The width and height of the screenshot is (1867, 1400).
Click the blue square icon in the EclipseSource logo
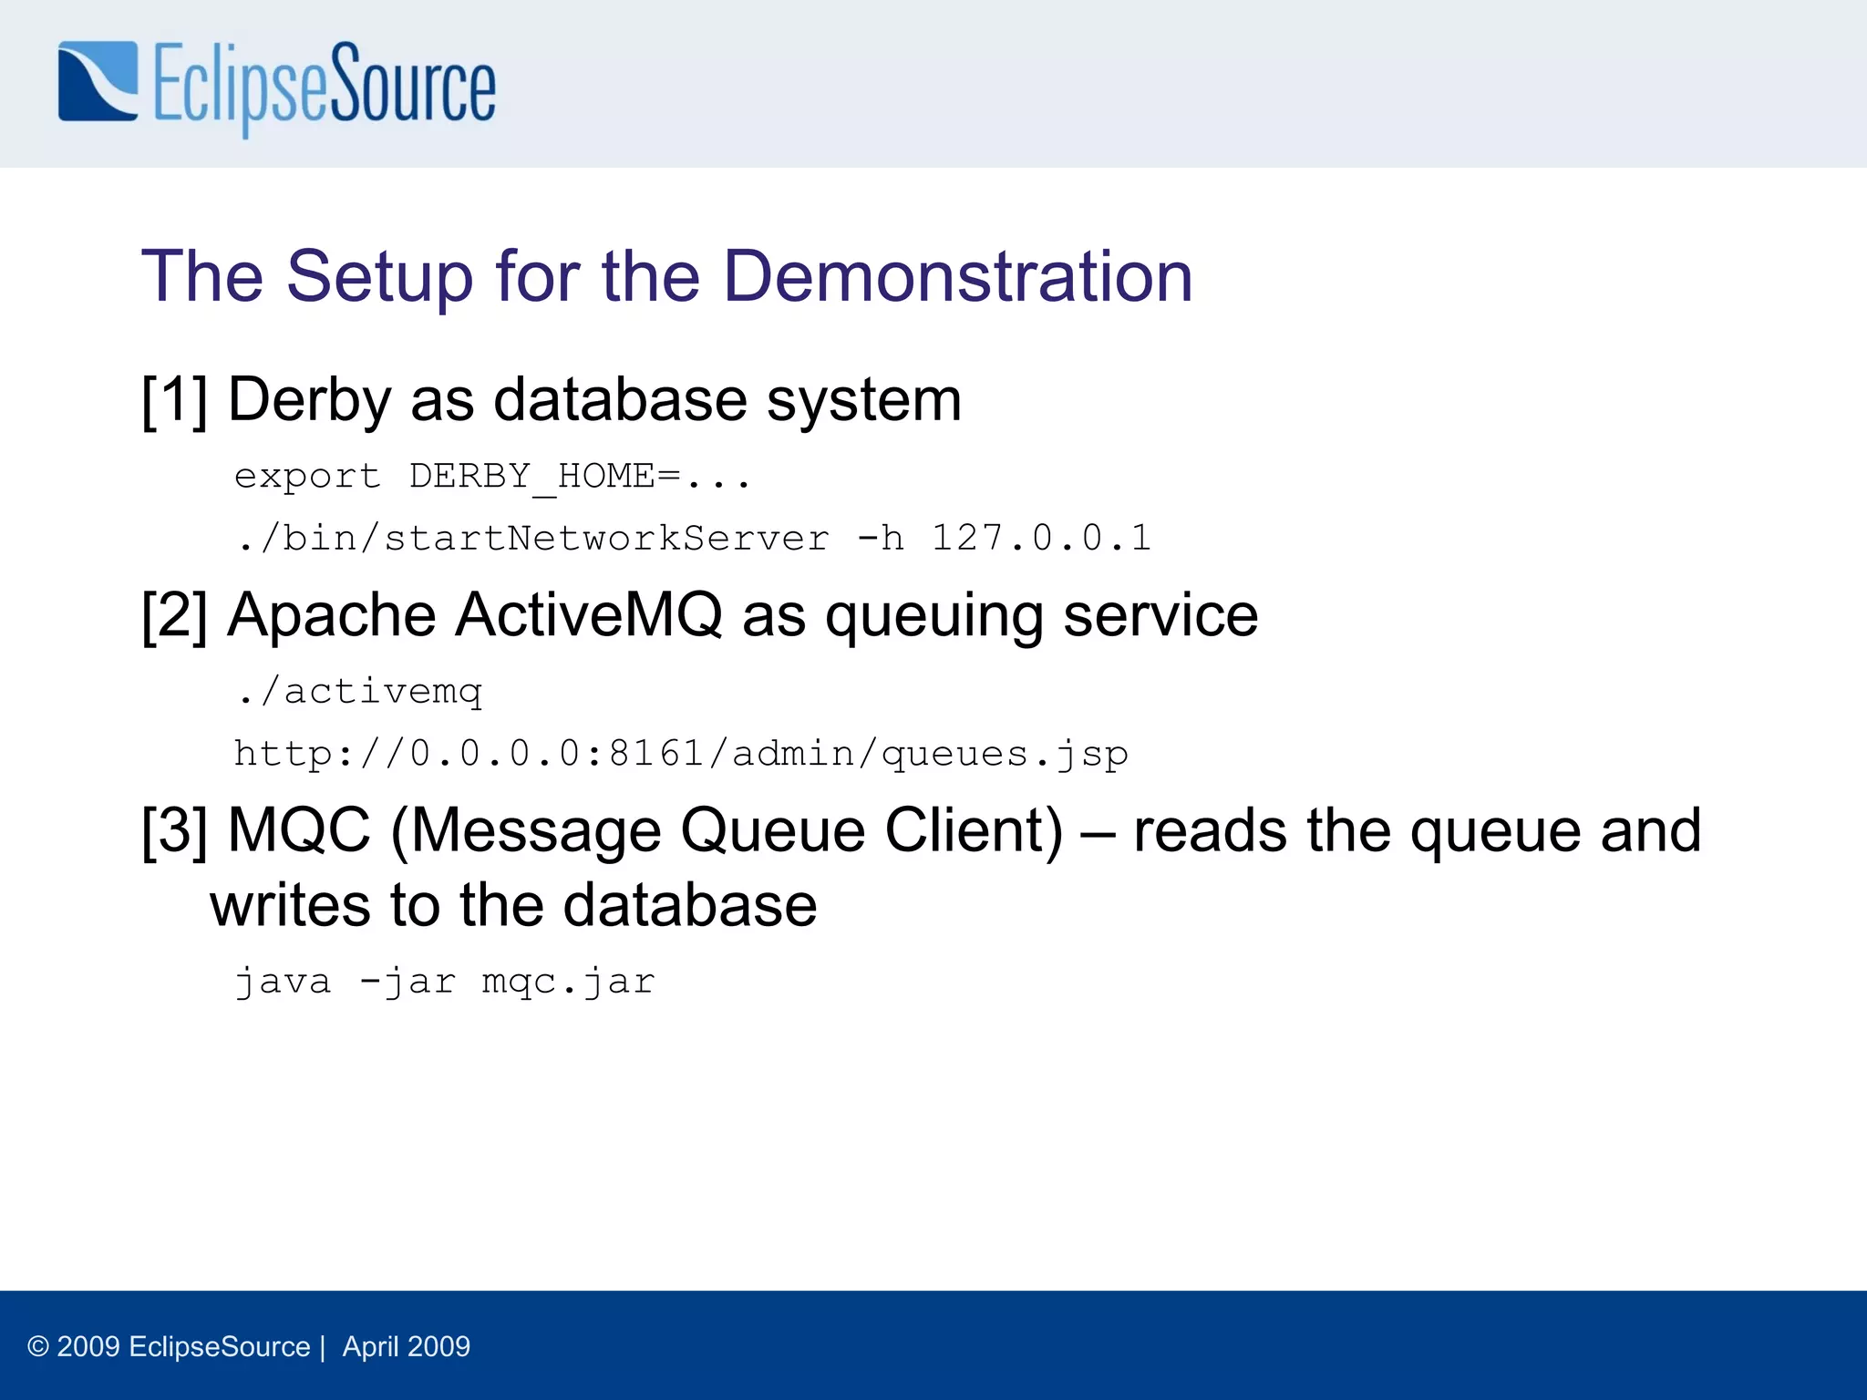click(x=98, y=81)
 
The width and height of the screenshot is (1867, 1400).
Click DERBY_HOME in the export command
click(x=531, y=477)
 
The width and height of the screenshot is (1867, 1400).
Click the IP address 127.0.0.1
click(x=1041, y=538)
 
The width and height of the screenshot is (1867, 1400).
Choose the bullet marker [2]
click(x=174, y=615)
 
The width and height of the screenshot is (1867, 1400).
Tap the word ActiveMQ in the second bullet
click(x=588, y=615)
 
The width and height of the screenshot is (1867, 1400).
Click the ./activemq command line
click(x=358, y=692)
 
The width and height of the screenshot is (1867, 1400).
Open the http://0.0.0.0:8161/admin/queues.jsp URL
click(x=681, y=755)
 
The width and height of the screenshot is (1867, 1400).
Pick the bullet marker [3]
click(x=174, y=830)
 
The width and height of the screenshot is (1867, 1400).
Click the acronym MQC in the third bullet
click(x=299, y=830)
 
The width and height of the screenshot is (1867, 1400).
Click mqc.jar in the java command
click(x=568, y=982)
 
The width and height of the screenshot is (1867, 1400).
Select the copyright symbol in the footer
click(x=38, y=1346)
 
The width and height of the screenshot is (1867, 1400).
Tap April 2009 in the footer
click(x=407, y=1346)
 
